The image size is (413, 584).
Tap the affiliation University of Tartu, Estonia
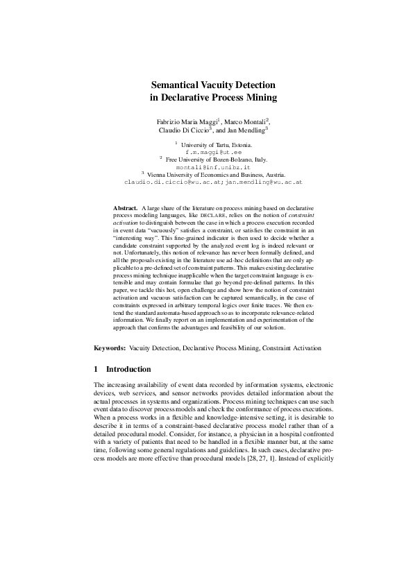[x=216, y=144]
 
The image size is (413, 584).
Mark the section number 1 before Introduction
[x=96, y=369]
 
